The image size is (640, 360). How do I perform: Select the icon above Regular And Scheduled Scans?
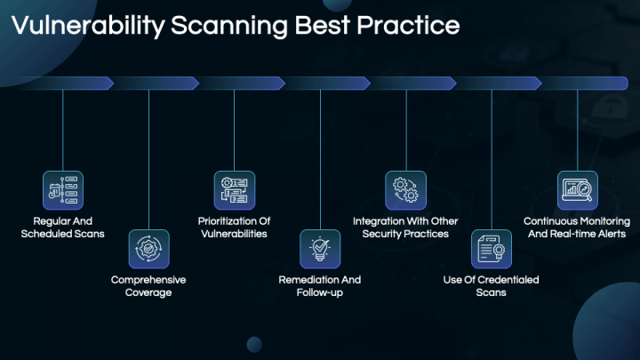[x=62, y=190]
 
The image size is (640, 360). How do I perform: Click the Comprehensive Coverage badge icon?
[x=148, y=249]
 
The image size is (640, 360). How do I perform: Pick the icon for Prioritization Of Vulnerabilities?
[x=234, y=190]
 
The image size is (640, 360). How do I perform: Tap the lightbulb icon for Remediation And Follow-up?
[x=320, y=249]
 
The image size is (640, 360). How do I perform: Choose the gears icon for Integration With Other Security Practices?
[x=405, y=190]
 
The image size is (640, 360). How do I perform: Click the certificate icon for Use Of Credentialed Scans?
[x=491, y=249]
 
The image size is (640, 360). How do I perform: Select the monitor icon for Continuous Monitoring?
[x=577, y=190]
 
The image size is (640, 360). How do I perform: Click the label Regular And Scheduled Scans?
[x=62, y=228]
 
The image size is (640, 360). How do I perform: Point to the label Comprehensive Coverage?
[x=148, y=286]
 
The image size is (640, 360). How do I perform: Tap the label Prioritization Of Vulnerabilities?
[x=234, y=228]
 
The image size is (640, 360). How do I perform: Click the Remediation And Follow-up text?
[x=320, y=286]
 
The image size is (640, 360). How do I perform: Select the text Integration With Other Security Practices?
[x=405, y=228]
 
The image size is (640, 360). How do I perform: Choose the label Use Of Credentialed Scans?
[x=491, y=286]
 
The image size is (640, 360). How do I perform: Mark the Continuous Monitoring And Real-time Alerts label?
[x=577, y=228]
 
